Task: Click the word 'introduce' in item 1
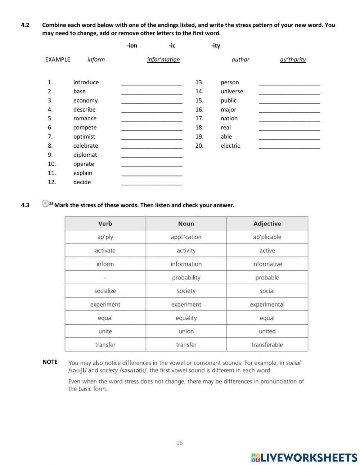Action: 86,82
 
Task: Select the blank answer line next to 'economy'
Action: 152,101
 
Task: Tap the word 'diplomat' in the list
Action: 85,155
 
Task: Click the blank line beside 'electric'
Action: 289,146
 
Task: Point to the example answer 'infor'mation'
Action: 163,59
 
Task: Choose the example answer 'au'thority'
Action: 293,59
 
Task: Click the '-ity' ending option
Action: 215,45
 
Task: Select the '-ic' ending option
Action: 172,45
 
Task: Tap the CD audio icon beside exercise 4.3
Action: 45,204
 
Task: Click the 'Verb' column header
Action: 105,224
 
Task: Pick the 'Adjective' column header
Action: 267,224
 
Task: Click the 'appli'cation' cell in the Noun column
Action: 186,237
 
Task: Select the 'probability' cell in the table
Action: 186,278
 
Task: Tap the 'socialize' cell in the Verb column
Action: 105,291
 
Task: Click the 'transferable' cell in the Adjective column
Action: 267,345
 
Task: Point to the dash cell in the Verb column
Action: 105,278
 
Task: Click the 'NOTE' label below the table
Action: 50,362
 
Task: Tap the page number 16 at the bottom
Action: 179,443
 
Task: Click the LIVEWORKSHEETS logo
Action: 304,457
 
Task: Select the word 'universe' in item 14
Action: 232,91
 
